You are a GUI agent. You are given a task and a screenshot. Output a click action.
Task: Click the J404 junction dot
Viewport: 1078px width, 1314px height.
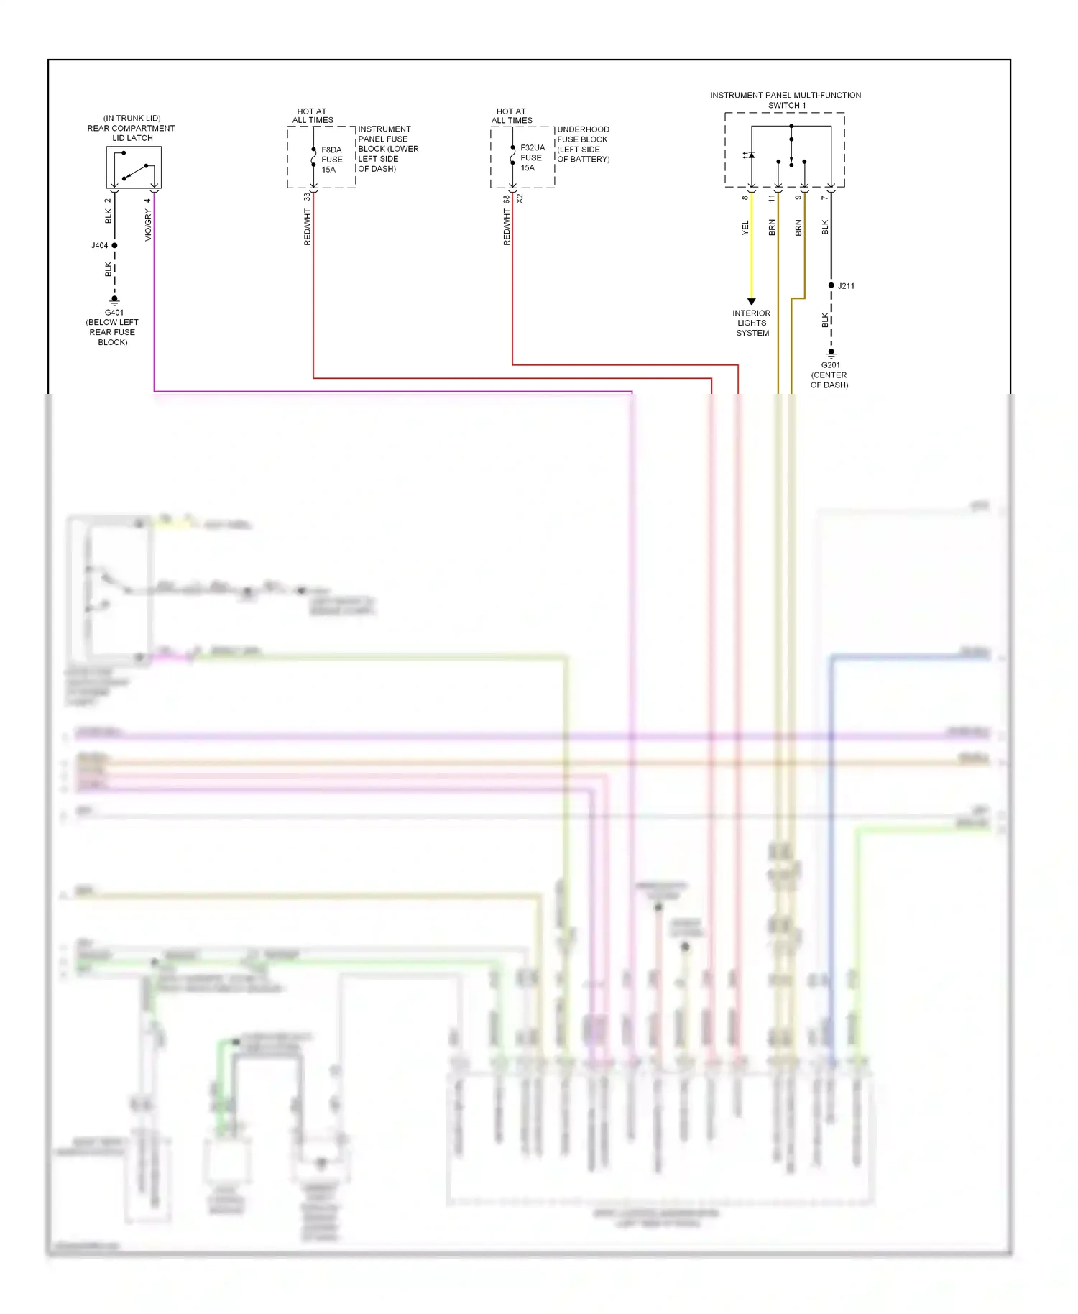click(x=114, y=246)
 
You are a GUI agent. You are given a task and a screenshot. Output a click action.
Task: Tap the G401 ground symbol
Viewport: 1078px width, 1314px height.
click(x=114, y=299)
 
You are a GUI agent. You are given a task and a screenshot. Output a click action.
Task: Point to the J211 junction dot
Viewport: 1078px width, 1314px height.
click(x=831, y=285)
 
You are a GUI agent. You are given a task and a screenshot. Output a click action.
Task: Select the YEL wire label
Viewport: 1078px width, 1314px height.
click(x=745, y=227)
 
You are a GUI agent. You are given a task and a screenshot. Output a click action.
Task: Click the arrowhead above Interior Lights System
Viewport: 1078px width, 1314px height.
click(x=752, y=302)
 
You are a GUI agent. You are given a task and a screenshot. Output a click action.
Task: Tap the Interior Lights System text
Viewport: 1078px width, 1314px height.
click(x=752, y=323)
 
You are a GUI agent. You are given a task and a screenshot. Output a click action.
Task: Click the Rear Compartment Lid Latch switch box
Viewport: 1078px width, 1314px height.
click(x=134, y=167)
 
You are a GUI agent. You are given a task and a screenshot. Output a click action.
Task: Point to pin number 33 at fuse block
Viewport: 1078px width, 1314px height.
click(x=307, y=196)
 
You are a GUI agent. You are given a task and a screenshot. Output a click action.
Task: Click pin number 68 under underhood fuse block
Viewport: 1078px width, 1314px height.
click(x=506, y=198)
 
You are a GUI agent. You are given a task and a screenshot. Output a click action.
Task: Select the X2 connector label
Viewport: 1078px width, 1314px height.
click(x=520, y=198)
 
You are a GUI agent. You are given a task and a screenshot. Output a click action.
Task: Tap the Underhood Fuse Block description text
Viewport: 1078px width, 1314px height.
click(x=583, y=144)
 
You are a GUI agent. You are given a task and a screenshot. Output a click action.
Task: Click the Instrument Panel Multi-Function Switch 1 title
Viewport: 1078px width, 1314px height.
click(x=786, y=100)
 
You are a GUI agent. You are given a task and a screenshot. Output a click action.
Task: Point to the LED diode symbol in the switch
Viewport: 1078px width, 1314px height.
click(x=750, y=155)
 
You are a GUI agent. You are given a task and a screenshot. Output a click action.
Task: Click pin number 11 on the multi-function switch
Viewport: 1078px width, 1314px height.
click(x=772, y=198)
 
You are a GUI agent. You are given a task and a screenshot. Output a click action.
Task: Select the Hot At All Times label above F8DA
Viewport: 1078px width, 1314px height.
click(x=313, y=116)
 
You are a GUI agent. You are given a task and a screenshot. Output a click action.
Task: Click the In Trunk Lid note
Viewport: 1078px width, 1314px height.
click(x=132, y=118)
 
